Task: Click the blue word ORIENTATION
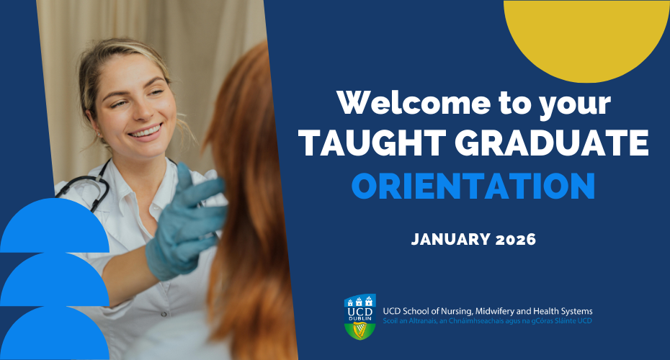click(x=473, y=186)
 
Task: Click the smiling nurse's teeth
click(x=146, y=132)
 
